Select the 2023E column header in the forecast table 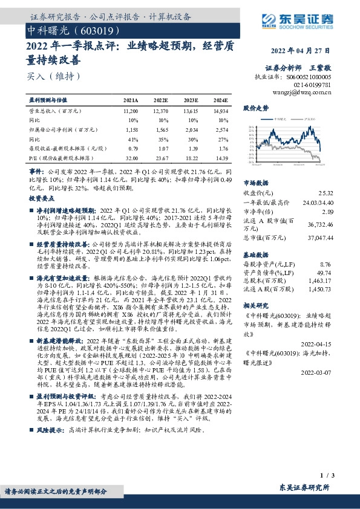(x=191, y=99)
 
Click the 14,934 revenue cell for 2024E (x=221, y=112)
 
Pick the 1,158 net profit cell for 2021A (x=130, y=129)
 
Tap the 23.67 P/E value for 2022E (x=161, y=157)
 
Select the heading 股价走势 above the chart (x=255, y=108)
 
